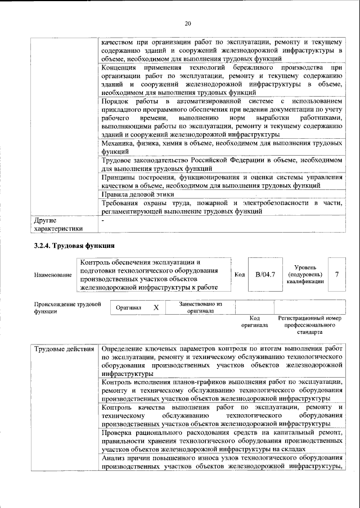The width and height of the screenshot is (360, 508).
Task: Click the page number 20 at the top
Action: point(188,24)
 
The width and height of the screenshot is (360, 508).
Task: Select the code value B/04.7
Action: point(265,275)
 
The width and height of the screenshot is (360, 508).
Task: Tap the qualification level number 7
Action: point(336,275)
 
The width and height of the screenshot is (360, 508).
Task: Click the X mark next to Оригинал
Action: point(156,308)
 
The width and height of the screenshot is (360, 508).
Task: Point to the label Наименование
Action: point(53,275)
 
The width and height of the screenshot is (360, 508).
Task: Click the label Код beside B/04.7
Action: point(239,275)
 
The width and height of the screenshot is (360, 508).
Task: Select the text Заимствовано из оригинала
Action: point(201,307)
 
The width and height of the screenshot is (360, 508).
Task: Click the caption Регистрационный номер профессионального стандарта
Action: point(309,325)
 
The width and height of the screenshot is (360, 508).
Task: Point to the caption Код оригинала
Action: point(254,321)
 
